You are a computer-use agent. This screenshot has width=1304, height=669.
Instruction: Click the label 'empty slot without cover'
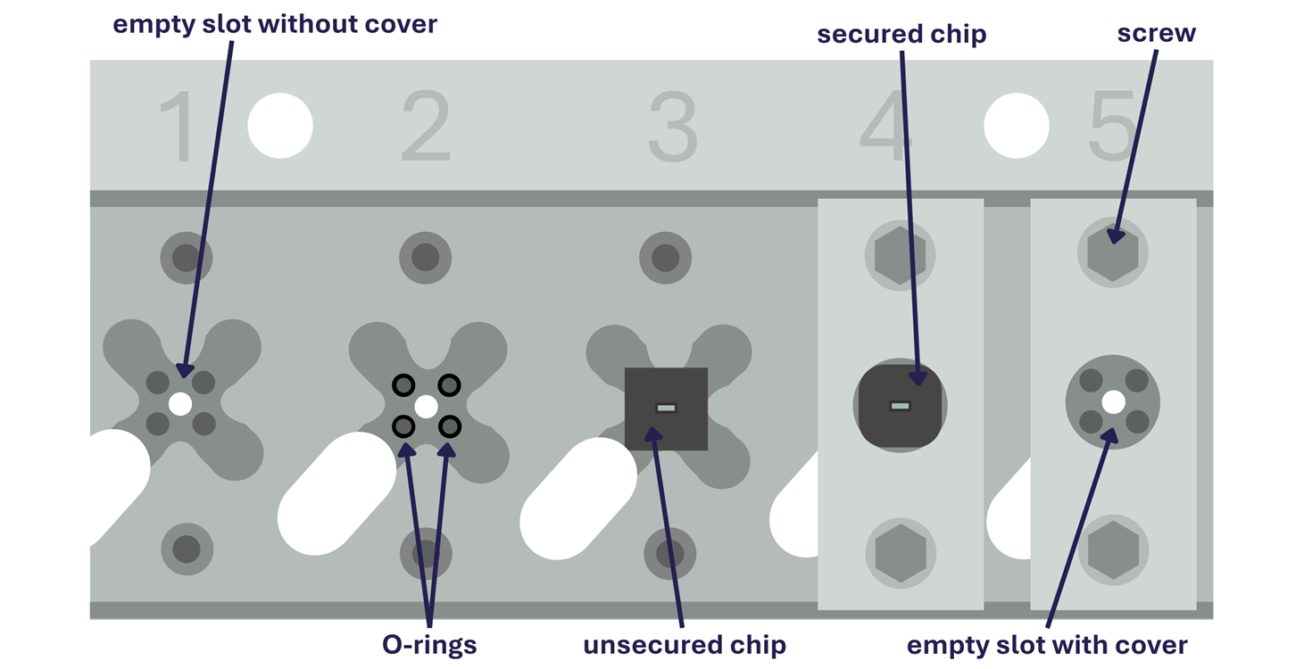(275, 23)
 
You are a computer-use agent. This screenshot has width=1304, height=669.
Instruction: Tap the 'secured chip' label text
(901, 35)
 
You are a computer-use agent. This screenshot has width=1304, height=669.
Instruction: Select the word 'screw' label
(1156, 33)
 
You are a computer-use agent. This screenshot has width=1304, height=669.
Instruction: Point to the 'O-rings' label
(429, 644)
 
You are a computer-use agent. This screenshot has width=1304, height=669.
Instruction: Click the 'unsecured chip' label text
(685, 645)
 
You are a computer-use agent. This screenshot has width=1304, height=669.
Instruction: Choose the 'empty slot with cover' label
(1047, 645)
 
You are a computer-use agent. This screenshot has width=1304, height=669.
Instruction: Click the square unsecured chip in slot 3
(666, 409)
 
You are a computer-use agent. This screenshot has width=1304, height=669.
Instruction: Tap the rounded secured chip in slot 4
(900, 406)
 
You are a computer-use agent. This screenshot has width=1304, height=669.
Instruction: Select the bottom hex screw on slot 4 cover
(901, 552)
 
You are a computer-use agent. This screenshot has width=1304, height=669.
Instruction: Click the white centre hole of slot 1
(180, 404)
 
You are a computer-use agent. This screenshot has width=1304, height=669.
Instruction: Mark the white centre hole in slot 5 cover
(1113, 402)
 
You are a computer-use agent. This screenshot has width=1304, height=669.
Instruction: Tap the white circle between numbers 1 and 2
(280, 126)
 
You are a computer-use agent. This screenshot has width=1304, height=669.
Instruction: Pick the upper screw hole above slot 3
(666, 258)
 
